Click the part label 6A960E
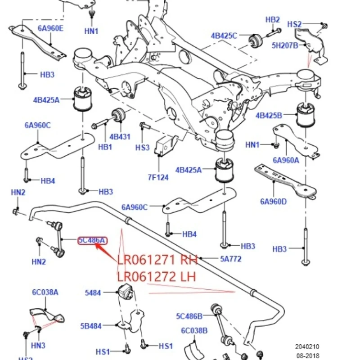50,28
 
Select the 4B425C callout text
224,36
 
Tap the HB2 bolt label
272,19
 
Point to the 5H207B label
285,45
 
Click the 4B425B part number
269,116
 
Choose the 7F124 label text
159,177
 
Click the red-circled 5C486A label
92,240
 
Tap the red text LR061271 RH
157,260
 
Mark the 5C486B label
189,316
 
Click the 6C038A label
45,292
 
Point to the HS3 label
142,147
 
